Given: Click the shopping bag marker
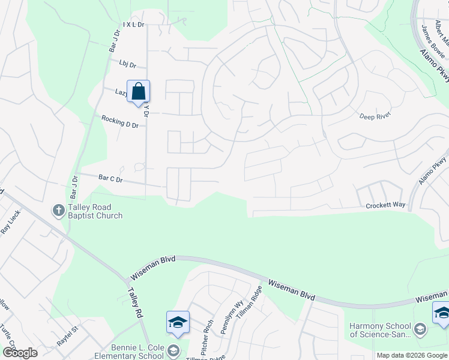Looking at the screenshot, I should click(138, 92).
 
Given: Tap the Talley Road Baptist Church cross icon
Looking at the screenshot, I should click(59, 210).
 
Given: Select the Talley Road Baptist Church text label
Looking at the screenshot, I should click(95, 212).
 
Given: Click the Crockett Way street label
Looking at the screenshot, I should click(386, 205).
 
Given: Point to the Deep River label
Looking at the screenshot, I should click(375, 116).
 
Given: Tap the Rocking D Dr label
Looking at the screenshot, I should click(120, 121).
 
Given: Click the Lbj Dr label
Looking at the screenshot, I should click(128, 65).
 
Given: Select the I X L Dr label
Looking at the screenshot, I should click(135, 25).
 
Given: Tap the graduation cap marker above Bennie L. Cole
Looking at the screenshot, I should click(178, 322).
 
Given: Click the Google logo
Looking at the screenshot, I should click(19, 353).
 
